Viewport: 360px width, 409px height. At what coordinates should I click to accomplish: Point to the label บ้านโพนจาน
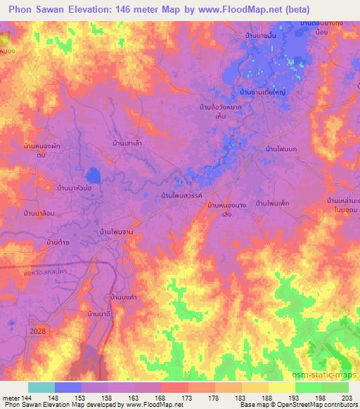117,231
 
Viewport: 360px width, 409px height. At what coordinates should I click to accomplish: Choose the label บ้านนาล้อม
39,212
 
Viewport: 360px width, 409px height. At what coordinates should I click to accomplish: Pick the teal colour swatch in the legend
41,387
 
